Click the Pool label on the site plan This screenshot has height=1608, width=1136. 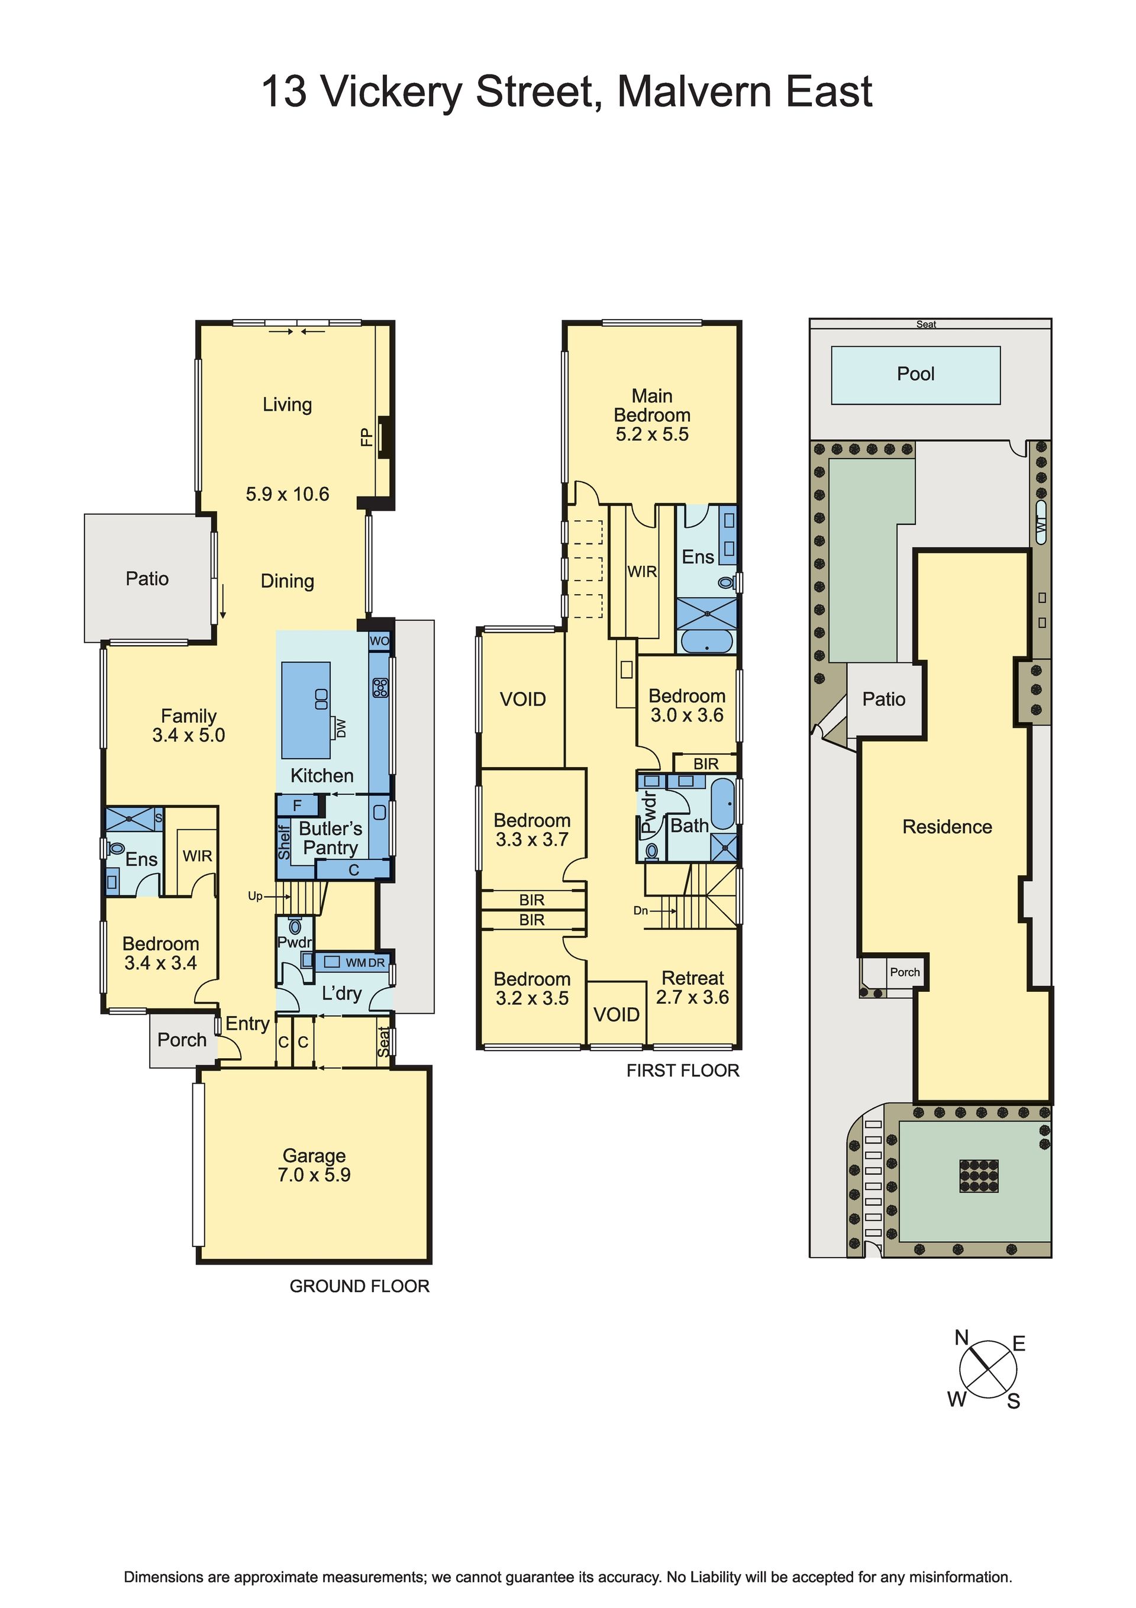click(x=915, y=374)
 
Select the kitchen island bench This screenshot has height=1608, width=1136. click(x=306, y=710)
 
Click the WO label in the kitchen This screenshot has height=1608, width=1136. click(x=379, y=641)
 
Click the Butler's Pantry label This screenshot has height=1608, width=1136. click(x=330, y=837)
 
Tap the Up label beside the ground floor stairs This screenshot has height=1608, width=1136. click(x=255, y=897)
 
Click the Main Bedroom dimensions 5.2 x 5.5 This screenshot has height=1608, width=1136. click(x=652, y=434)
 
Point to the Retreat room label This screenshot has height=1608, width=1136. click(x=693, y=978)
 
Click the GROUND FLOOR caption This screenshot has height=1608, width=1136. click(x=359, y=1286)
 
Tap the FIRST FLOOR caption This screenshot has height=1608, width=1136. click(x=683, y=1070)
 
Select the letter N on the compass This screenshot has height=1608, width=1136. click(x=961, y=1338)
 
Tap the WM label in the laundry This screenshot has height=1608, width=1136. click(x=355, y=963)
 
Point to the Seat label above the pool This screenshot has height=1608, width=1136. click(x=926, y=324)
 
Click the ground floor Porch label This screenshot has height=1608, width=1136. click(x=182, y=1039)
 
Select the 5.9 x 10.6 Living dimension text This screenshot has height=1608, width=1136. click(x=287, y=494)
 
